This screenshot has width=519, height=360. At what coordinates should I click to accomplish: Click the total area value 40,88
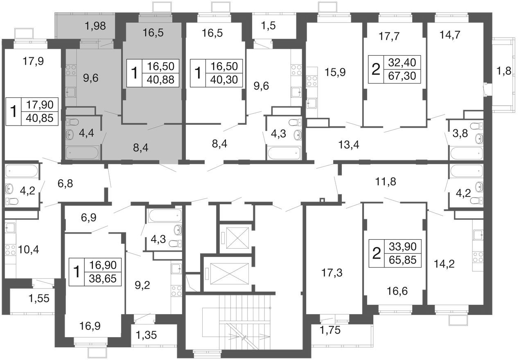pyautogui.click(x=160, y=80)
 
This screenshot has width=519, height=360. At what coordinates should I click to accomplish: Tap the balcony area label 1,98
pyautogui.click(x=95, y=26)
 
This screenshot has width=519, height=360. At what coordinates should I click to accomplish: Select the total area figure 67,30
pyautogui.click(x=402, y=76)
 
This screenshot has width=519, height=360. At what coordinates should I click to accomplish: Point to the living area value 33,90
pyautogui.click(x=402, y=246)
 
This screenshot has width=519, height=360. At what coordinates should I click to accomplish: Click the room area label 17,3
pyautogui.click(x=332, y=273)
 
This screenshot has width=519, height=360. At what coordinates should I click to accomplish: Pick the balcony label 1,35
pyautogui.click(x=146, y=335)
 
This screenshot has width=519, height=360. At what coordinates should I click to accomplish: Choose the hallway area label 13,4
pyautogui.click(x=349, y=145)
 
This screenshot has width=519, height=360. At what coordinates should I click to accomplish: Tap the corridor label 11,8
pyautogui.click(x=386, y=182)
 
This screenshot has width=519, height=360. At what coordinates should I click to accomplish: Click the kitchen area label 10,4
pyautogui.click(x=28, y=250)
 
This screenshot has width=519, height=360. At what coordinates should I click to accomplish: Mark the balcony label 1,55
pyautogui.click(x=39, y=298)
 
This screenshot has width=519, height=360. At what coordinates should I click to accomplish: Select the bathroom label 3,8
pyautogui.click(x=460, y=133)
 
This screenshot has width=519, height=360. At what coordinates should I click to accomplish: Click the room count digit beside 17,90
pyautogui.click(x=14, y=111)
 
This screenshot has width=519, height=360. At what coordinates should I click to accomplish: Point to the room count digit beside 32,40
pyautogui.click(x=376, y=69)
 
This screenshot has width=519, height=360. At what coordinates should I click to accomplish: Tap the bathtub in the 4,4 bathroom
pyautogui.click(x=83, y=153)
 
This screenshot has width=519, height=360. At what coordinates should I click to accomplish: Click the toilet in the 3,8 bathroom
pyautogui.click(x=477, y=126)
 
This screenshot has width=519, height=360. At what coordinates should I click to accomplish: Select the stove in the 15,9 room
pyautogui.click(x=312, y=81)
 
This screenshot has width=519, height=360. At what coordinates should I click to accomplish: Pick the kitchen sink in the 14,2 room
pyautogui.click(x=478, y=235)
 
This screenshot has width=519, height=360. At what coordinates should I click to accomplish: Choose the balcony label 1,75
pyautogui.click(x=330, y=330)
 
